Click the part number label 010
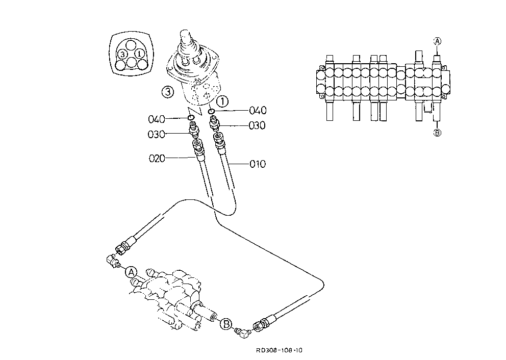coord(258,164)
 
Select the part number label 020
coord(157,159)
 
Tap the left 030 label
coord(156,134)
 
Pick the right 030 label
coord(257,125)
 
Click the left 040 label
coord(157,119)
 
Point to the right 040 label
coord(258,111)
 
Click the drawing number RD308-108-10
coord(280,350)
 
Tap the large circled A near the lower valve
coord(131,272)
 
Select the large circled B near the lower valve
coord(226,324)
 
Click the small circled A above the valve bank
coord(437,41)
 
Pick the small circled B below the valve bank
coord(437,133)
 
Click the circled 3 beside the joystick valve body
coord(167,92)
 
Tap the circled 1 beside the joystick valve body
coord(222,101)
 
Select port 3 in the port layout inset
coord(122,54)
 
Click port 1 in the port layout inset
coord(139,53)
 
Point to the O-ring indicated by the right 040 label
coord(211,111)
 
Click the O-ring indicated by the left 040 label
coord(191,117)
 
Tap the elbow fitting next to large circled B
coord(243,332)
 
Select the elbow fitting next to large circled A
coord(113,261)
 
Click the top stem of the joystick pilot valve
coord(187,37)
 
